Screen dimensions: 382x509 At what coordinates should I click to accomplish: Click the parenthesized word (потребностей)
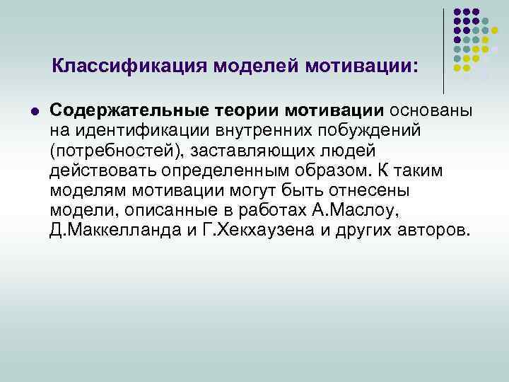pos(115,151)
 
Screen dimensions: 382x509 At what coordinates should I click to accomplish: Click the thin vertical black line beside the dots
pos(443,50)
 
